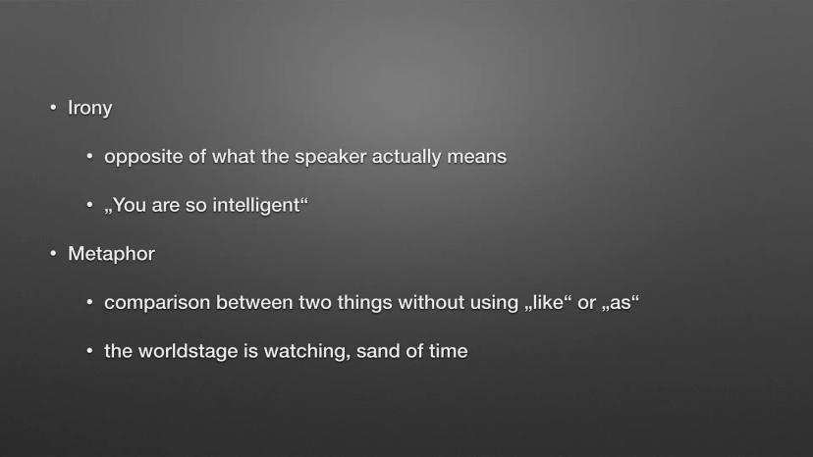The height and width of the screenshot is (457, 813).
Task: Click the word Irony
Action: [x=89, y=108]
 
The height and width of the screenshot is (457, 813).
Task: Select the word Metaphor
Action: [x=111, y=254]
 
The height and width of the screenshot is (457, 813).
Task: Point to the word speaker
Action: [x=330, y=157]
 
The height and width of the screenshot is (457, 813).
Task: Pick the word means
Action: [x=477, y=157]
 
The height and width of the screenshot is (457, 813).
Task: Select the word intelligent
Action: [x=256, y=206]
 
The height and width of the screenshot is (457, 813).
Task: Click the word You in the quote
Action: [x=130, y=205]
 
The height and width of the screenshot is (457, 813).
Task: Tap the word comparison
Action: [x=157, y=303]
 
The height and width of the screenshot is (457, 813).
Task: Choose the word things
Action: [x=365, y=303]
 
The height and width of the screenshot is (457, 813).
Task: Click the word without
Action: [x=431, y=303]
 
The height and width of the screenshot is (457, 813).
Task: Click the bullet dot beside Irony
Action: [x=53, y=108]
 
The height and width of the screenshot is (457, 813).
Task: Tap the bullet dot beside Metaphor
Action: [x=53, y=254]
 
